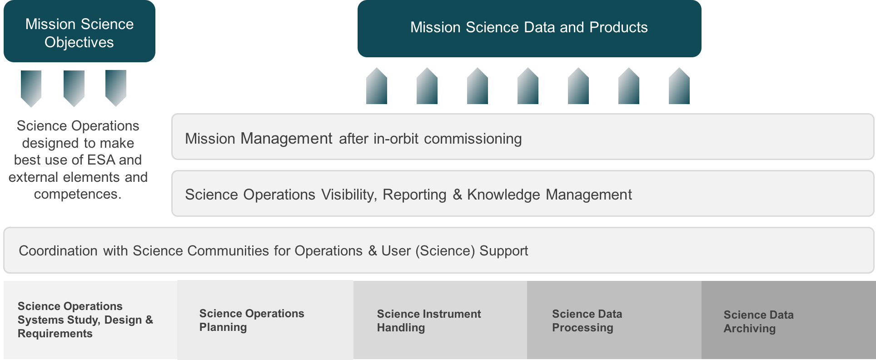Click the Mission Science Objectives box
(x=80, y=31)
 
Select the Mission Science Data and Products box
(x=529, y=29)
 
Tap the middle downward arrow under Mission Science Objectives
(x=74, y=88)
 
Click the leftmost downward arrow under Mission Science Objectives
(x=31, y=88)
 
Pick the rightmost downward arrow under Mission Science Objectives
(x=116, y=88)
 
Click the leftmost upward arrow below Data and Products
(x=377, y=86)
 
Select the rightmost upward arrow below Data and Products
(x=679, y=86)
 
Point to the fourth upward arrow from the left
(x=528, y=86)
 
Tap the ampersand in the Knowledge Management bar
(x=457, y=195)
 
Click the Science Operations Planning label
(x=252, y=320)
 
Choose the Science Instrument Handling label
(x=429, y=320)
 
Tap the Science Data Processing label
(x=587, y=320)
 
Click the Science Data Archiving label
(x=759, y=321)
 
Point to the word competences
(x=78, y=194)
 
